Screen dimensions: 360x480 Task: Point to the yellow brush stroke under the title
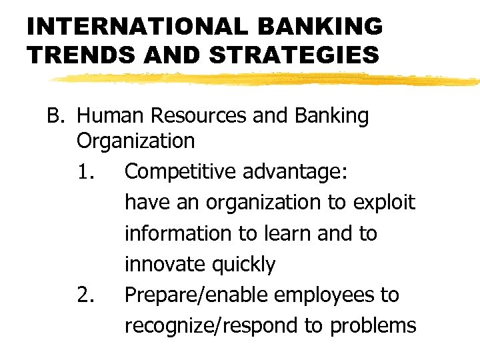(267, 79)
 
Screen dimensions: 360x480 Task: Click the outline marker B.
(55, 117)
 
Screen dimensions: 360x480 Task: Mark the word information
(175, 233)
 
